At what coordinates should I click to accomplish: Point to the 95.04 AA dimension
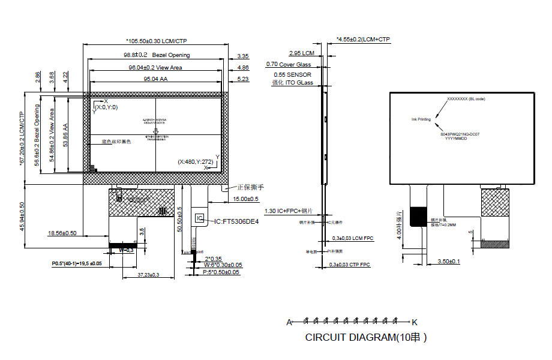155,79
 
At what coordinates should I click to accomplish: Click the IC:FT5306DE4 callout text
236,221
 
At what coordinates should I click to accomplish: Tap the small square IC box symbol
200,218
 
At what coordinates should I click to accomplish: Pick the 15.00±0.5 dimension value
245,199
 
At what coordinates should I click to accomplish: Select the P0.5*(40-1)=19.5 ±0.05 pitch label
77,263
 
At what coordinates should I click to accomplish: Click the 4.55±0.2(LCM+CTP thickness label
363,40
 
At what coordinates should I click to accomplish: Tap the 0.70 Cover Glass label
288,64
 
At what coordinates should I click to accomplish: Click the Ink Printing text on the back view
421,119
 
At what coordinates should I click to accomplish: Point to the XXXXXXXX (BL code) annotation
466,98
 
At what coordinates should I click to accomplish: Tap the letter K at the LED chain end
413,322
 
